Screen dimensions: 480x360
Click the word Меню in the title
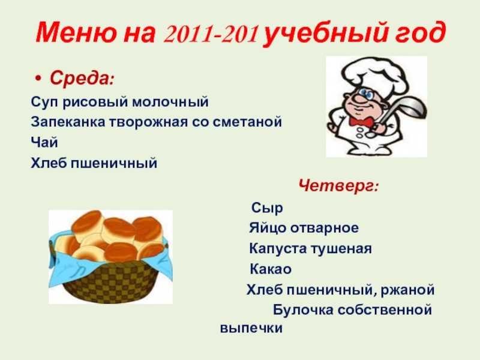76,33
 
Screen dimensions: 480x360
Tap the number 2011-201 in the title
211,34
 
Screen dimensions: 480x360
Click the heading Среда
82,79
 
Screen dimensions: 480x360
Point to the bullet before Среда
38,79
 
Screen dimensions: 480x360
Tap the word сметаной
247,122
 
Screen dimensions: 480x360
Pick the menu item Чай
44,142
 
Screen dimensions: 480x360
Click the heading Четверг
338,186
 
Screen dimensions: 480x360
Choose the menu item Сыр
267,208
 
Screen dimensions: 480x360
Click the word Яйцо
267,228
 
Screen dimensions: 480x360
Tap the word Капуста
278,248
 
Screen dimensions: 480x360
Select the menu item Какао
271,269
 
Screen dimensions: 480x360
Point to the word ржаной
407,290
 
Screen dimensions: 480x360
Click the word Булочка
303,310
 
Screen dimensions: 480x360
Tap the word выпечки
251,328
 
